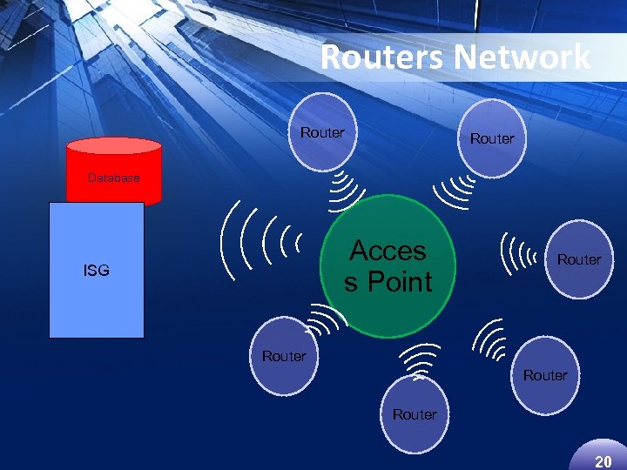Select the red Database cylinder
pos(114,171)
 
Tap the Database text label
pos(113,178)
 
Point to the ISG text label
pos(97,271)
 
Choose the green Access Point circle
pos(389,265)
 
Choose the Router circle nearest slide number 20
pos(545,374)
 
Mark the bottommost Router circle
pos(415,413)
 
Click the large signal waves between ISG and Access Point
pos(261,239)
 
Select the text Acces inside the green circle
pos(388,251)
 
